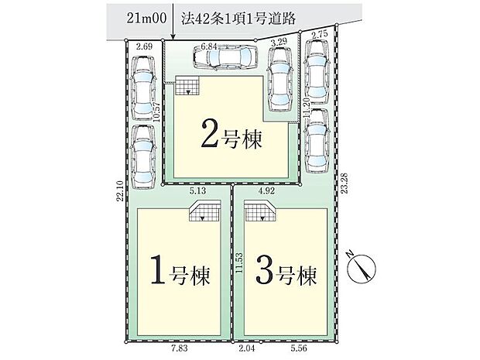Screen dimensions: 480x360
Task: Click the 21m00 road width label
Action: pyautogui.click(x=146, y=19)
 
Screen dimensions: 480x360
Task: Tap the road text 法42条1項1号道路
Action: pyautogui.click(x=238, y=19)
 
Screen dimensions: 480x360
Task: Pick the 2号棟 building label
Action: pyautogui.click(x=231, y=138)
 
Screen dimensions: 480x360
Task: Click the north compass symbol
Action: pyautogui.click(x=361, y=268)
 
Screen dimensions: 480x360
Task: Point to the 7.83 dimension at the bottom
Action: pyautogui.click(x=180, y=348)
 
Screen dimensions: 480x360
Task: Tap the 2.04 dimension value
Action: pyautogui.click(x=246, y=348)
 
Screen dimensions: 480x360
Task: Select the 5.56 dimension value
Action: pyautogui.click(x=299, y=348)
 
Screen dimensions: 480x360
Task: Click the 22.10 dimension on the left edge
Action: pyautogui.click(x=120, y=190)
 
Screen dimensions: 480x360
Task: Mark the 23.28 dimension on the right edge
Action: pyautogui.click(x=345, y=183)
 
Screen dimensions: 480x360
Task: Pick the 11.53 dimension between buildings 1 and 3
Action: pyautogui.click(x=239, y=262)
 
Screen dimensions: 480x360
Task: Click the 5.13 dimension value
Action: pyautogui.click(x=197, y=191)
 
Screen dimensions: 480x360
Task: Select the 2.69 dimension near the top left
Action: pyautogui.click(x=144, y=46)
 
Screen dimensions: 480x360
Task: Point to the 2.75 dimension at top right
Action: pyautogui.click(x=319, y=34)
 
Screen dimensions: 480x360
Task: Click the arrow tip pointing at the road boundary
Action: pyautogui.click(x=173, y=39)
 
